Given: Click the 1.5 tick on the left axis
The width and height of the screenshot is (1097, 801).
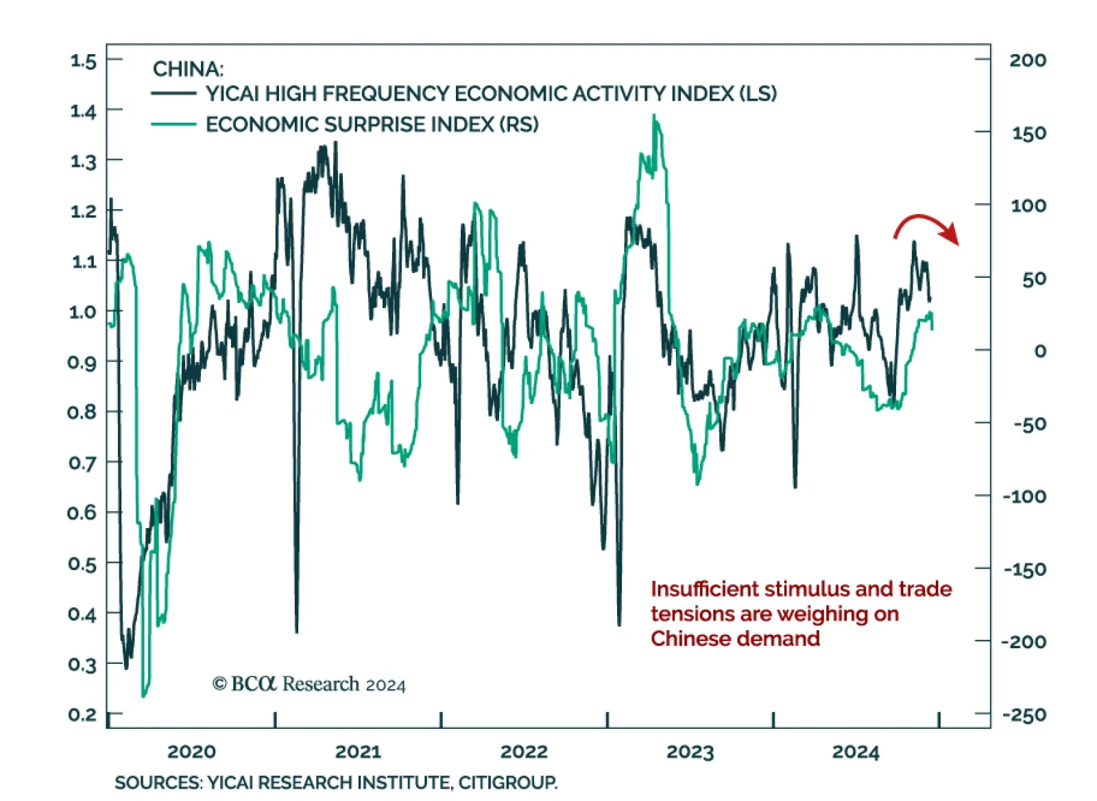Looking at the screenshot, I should coord(84,60).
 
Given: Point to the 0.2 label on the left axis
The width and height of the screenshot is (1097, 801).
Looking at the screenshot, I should coord(82,715).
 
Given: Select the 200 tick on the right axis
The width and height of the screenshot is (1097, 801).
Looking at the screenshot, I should coord(1027,60).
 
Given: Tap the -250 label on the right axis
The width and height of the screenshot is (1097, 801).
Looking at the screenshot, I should coord(1024,715).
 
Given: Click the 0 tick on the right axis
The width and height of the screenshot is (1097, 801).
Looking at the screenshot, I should coord(1040,351).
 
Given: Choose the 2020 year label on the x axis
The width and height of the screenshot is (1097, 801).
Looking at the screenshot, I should coord(191,752).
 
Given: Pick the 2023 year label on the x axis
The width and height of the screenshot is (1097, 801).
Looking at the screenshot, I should coord(690,752).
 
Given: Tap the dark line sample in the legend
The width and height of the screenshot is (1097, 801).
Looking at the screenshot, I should coord(173,93).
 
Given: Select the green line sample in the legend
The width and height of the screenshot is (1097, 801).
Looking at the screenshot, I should coord(173,124).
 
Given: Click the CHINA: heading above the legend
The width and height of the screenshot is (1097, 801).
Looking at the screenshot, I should coord(188,69).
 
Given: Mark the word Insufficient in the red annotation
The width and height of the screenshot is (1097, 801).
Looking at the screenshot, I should coord(704,589).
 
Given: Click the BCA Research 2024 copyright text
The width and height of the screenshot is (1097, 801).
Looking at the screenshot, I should coord(309,684).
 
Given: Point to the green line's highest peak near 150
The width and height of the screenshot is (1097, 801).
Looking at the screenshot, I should coord(653,115).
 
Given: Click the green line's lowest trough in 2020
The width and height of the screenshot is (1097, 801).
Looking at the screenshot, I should coord(143,696).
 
